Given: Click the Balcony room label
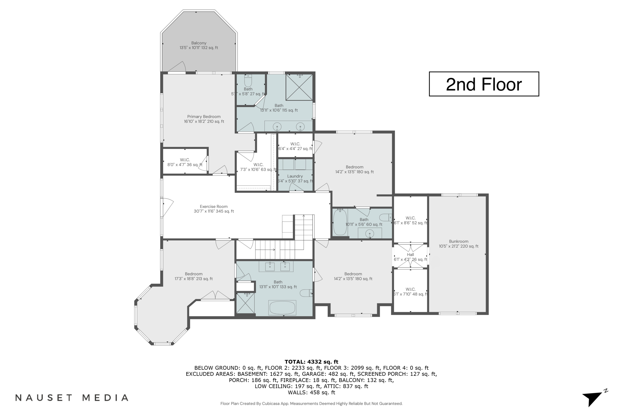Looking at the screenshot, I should (199, 45).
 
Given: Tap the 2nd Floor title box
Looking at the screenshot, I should (484, 84).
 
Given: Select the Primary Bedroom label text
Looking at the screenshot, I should (204, 119).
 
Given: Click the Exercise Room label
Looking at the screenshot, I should (213, 209).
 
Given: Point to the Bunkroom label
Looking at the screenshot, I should (459, 243).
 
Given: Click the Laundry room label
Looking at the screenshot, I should (295, 178).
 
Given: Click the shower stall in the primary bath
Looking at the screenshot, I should (299, 87).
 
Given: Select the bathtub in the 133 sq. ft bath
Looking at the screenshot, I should (282, 308).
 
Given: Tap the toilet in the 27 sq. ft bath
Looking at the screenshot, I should (248, 81).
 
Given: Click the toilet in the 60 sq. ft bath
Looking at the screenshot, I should (385, 217).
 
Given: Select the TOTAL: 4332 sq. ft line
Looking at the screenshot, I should (311, 361).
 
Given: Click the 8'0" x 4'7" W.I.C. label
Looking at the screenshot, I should (185, 162).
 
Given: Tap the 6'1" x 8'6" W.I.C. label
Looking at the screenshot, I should (410, 220).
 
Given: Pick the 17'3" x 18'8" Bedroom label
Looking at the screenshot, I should (193, 276).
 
